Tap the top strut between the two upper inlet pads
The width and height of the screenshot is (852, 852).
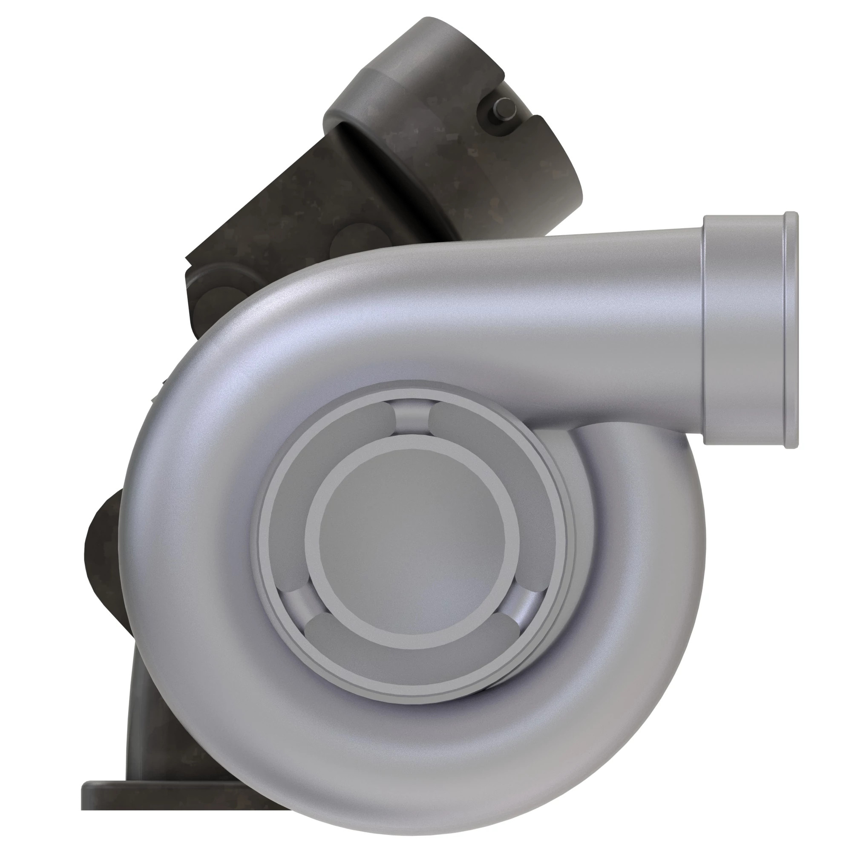(x=412, y=417)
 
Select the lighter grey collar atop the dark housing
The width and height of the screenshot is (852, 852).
(x=397, y=75)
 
